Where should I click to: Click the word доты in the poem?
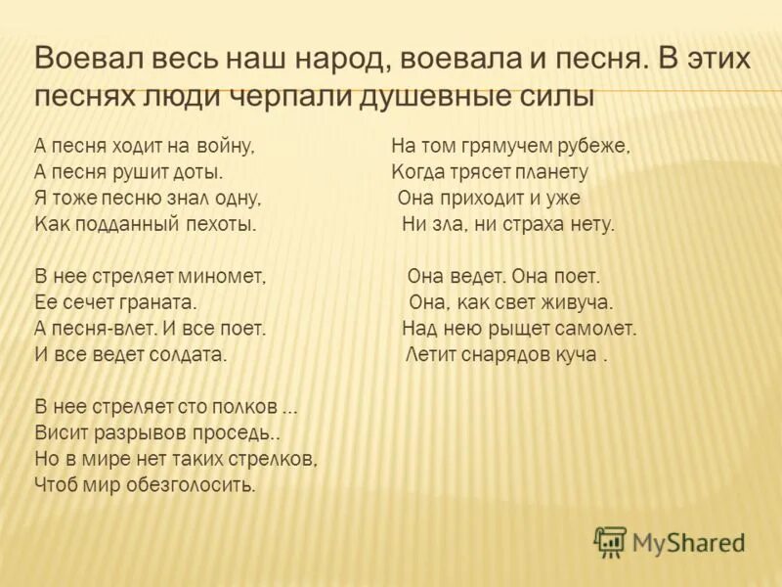click(199, 172)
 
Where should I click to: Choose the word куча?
click(578, 354)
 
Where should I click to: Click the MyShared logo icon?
click(610, 541)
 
